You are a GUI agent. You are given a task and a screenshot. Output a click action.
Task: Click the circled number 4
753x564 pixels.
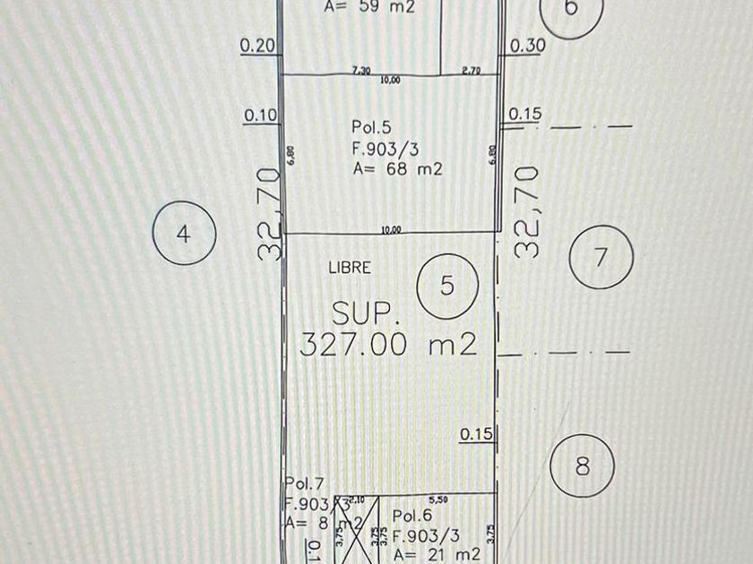183,235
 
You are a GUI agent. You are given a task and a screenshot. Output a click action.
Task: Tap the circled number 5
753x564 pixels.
447,286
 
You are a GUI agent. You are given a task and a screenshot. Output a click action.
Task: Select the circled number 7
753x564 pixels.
602,257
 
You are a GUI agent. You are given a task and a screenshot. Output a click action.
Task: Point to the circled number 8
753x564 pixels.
582,466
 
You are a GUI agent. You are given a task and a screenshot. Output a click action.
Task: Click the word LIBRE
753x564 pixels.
351,267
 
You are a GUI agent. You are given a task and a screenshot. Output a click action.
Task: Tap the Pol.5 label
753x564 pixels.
371,129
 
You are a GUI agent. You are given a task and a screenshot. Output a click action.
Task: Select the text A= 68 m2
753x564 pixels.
397,169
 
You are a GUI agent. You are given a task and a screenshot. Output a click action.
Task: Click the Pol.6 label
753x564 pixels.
412,516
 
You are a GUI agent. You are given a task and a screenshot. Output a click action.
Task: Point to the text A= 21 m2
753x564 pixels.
437,554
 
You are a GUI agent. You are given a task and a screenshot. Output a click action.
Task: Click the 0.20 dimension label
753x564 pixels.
258,45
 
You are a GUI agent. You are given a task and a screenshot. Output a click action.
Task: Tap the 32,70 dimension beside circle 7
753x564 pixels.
527,211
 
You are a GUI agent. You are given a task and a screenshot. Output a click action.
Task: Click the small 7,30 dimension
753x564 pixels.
362,69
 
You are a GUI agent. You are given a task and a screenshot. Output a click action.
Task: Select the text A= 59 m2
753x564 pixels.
368,7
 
